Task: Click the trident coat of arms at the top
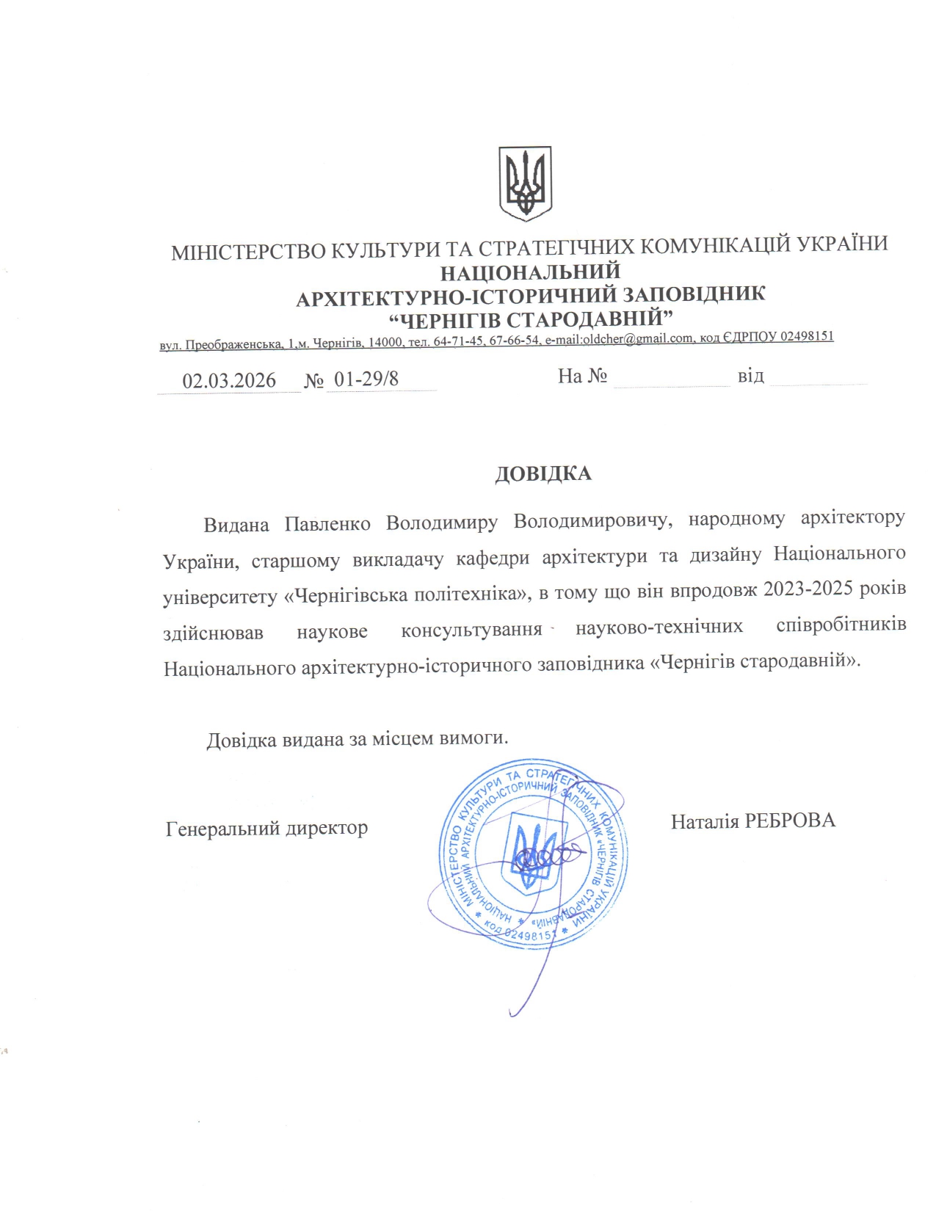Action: tap(525, 183)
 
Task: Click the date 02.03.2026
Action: tap(229, 380)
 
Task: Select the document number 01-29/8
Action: tap(366, 379)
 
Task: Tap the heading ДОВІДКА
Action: tap(543, 473)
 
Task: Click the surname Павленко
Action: tap(327, 524)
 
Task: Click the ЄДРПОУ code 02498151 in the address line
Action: tap(806, 336)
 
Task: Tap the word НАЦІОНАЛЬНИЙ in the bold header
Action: tap(530, 272)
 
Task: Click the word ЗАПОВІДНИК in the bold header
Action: tap(694, 294)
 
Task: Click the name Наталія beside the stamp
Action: tap(705, 821)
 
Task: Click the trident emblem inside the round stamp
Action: tap(535, 851)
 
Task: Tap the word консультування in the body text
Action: tap(471, 630)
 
